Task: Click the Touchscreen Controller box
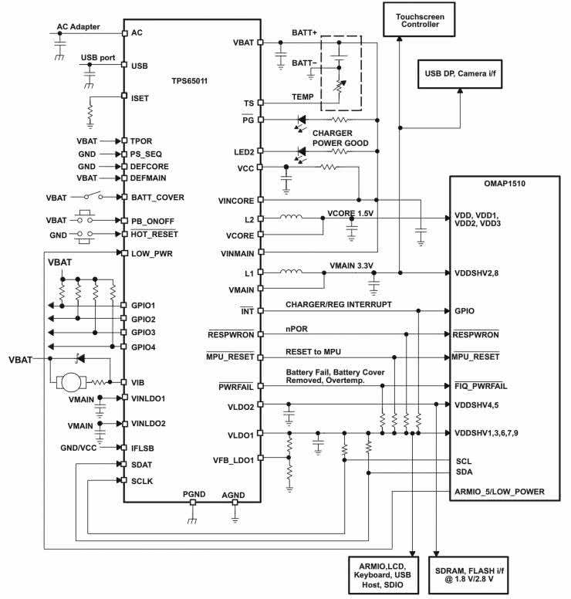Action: [417, 20]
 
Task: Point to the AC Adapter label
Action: [78, 27]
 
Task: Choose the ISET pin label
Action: [140, 98]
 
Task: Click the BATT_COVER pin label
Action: [158, 197]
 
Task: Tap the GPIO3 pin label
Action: [144, 332]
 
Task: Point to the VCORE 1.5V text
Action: [350, 212]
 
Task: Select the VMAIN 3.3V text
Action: [352, 266]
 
